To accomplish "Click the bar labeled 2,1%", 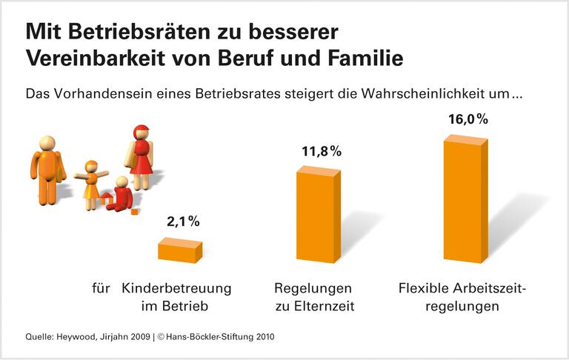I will click(x=179, y=250).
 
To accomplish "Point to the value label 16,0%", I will click(x=467, y=119).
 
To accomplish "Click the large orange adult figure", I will click(x=47, y=169).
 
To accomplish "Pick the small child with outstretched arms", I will click(x=92, y=181).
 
